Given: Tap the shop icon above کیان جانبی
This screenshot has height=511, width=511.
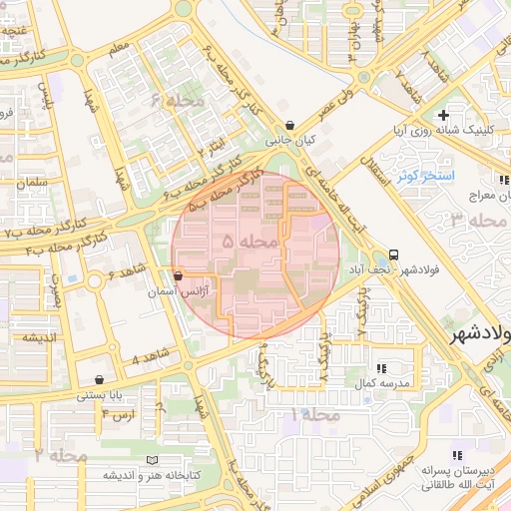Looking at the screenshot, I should point(289,126).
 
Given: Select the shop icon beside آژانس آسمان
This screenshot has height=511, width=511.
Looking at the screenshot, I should point(178,275).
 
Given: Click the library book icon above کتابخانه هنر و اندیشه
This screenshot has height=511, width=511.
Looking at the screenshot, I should point(152,459).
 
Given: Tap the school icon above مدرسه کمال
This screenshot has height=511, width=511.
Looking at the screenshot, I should point(380,368).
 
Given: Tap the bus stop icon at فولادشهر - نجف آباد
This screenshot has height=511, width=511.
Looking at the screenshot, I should point(395,255).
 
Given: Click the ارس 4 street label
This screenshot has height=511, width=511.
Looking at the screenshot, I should point(117,413).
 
